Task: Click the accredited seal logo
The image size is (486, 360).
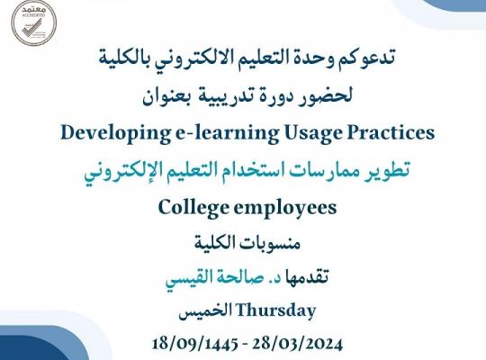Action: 34,22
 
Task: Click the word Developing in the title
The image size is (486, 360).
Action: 115,133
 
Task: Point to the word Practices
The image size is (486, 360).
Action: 391,132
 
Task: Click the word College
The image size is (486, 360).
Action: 193,208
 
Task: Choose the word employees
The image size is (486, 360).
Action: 285,208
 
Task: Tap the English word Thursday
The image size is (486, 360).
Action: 276,311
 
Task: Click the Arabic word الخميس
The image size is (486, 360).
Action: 205,311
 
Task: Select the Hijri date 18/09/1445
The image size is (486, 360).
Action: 195,344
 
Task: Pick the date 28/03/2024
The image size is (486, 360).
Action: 297,344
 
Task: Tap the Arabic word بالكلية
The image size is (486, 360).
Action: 122,58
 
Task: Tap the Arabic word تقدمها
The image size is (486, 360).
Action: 307,276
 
